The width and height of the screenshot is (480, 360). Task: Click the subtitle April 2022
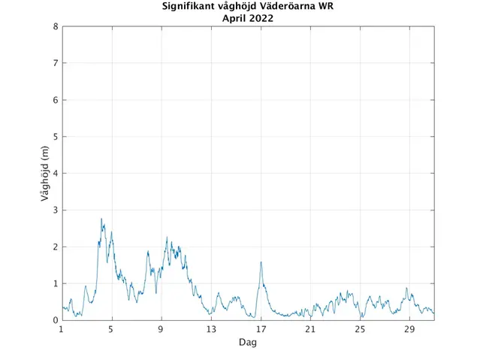point(248,19)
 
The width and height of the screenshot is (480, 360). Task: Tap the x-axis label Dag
point(248,342)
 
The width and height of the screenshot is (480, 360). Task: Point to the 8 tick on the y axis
point(56,26)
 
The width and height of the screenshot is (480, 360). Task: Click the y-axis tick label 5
point(56,137)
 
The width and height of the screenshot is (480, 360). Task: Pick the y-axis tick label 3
point(56,210)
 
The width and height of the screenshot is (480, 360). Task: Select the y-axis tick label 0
point(56,320)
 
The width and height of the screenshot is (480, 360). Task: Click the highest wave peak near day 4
point(101,219)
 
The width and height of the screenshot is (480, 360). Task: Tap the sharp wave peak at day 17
point(261,262)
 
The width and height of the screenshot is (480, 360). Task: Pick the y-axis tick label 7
point(56,63)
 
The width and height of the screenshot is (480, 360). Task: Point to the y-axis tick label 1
point(56,283)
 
